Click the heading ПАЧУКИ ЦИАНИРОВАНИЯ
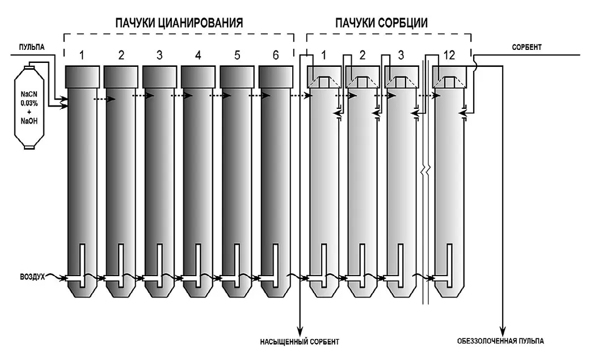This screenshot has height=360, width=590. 179,23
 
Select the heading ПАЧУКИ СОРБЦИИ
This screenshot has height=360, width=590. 381,23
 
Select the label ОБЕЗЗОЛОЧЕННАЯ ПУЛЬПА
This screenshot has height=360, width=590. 500,341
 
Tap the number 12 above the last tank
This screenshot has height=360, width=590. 449,56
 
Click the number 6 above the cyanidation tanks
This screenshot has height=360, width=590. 276,56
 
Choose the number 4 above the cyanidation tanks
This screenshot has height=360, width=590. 197,56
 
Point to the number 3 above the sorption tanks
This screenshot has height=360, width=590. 401,56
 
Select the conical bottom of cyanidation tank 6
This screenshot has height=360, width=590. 276,290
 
